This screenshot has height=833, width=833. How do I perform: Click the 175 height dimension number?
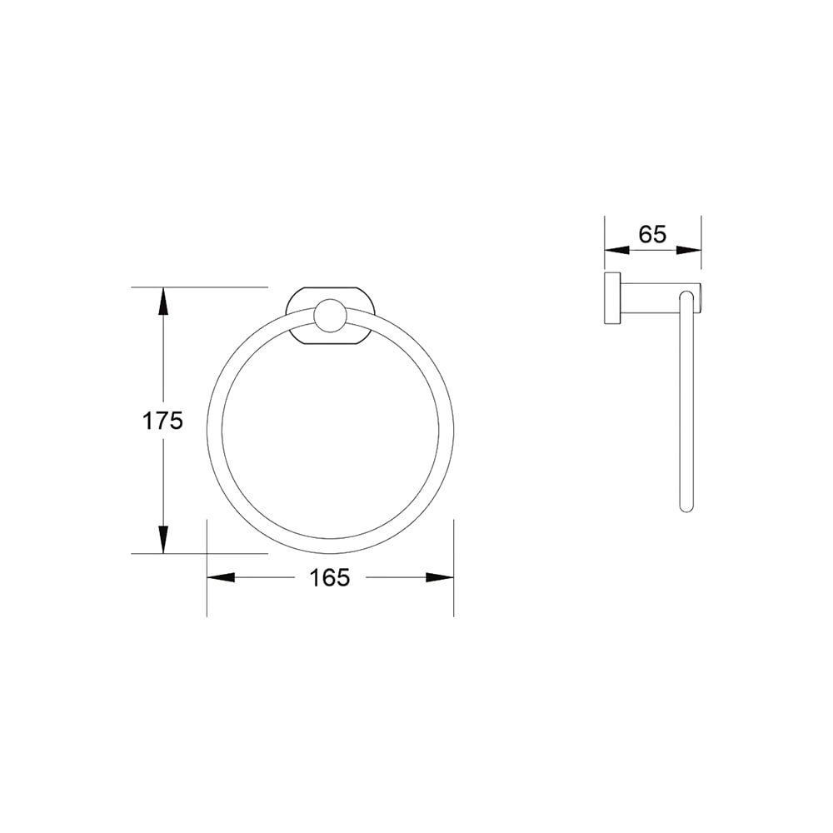point(162,421)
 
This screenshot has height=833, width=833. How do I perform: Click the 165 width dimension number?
point(330,577)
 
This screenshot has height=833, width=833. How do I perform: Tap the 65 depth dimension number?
point(652,234)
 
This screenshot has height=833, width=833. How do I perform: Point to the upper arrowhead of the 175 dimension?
point(163,301)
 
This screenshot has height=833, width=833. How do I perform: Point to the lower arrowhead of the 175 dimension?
point(163,540)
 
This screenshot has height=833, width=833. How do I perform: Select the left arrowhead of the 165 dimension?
point(221,577)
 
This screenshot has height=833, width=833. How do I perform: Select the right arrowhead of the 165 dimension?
point(440,577)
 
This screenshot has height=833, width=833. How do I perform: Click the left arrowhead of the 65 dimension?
point(617,250)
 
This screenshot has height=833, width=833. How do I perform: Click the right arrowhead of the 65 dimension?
point(689,250)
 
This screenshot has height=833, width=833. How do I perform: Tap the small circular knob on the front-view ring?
point(330,317)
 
